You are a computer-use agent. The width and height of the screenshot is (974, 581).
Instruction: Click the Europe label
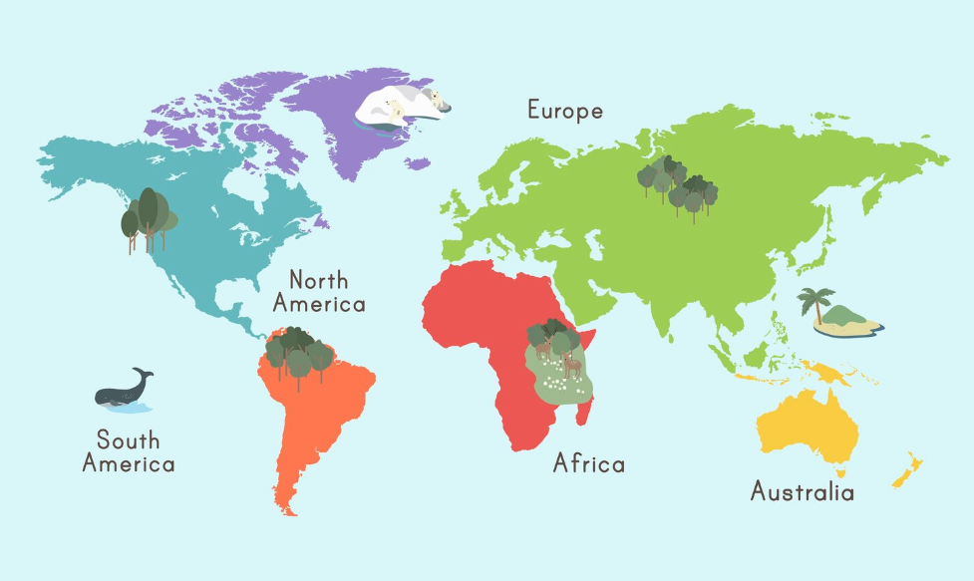coord(565,111)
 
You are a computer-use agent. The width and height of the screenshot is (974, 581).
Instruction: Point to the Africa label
coord(589,463)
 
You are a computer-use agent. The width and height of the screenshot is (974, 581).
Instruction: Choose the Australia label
coord(802,491)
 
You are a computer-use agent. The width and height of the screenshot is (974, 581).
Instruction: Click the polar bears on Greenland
coord(404,106)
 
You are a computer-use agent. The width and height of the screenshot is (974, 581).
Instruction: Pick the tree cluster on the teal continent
coord(149,218)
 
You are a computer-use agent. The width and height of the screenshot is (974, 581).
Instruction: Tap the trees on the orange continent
coord(300,354)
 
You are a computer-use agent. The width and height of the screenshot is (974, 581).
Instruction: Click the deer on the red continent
coord(571,365)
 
